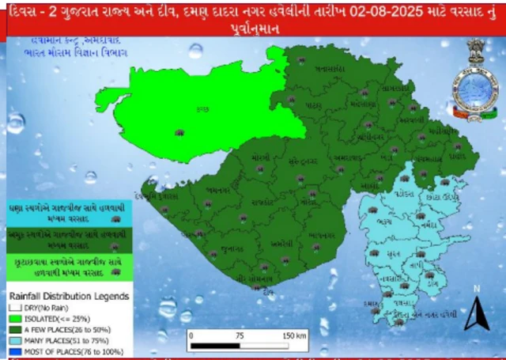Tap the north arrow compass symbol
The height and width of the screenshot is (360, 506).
coord(476,316)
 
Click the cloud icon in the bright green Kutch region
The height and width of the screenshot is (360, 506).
coord(180,133)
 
